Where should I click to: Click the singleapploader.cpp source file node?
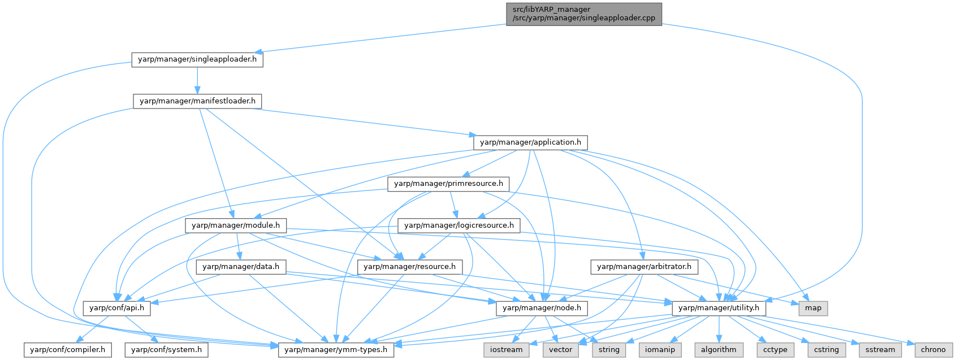click(x=583, y=14)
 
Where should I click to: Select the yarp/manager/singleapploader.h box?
click(x=197, y=59)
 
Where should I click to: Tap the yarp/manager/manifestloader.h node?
click(x=197, y=101)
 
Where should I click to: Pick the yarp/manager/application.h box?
click(x=530, y=142)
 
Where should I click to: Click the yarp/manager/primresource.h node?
click(x=448, y=184)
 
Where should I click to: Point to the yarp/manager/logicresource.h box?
click(x=458, y=225)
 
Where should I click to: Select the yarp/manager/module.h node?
click(x=236, y=225)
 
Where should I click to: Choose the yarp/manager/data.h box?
click(x=241, y=267)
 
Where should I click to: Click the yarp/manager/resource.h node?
click(x=410, y=267)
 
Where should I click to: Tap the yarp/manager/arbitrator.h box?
click(x=644, y=267)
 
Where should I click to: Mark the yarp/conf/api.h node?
click(x=117, y=308)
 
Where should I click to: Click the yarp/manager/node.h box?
click(x=542, y=308)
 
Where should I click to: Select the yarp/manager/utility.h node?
click(x=719, y=308)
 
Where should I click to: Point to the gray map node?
click(x=813, y=308)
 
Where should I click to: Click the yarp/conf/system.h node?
click(x=166, y=350)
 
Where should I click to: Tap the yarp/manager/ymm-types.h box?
click(x=336, y=350)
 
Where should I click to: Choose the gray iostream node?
click(x=507, y=350)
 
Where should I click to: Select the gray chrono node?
click(x=933, y=350)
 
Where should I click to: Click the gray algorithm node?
click(x=719, y=350)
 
